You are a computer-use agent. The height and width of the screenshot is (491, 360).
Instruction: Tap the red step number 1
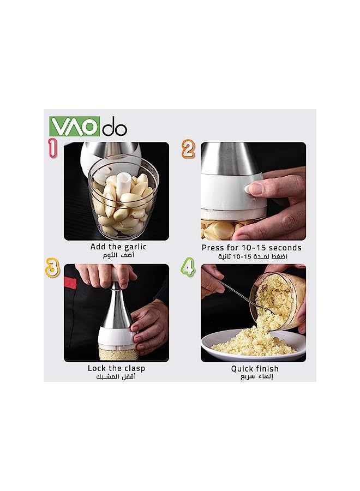[x=52, y=148]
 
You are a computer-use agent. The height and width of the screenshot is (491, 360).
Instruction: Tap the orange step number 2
[x=188, y=149]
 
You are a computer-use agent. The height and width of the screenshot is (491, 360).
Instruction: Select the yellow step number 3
[x=52, y=269]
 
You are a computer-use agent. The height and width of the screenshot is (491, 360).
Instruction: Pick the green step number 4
[x=188, y=268]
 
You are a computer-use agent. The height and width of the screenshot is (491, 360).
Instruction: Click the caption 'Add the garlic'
[x=118, y=247]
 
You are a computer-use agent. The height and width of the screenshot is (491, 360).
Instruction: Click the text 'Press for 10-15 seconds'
[x=251, y=248]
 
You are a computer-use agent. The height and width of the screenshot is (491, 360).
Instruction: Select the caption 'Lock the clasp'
[x=116, y=368]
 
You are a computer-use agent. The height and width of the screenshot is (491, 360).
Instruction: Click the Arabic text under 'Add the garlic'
[x=119, y=255]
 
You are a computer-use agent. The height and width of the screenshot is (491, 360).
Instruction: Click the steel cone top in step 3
[x=116, y=308]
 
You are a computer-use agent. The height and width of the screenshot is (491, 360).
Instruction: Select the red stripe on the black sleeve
[x=70, y=283]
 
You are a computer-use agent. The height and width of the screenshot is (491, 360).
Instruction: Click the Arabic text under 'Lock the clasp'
[x=116, y=377]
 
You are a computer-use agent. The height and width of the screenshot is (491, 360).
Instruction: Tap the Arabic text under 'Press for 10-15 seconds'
[x=251, y=256]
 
